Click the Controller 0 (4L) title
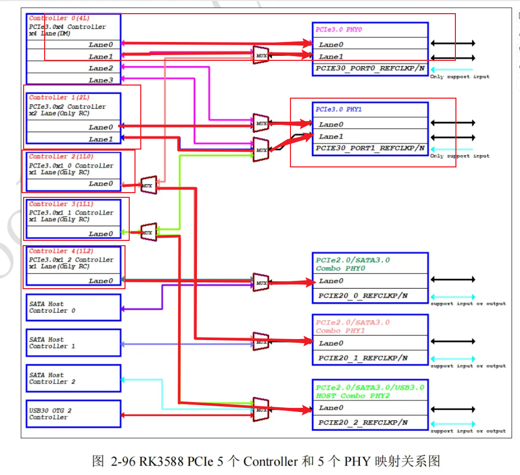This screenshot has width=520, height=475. coord(52,18)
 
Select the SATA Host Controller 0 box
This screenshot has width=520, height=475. coord(74,307)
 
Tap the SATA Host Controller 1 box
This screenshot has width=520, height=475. coord(74,343)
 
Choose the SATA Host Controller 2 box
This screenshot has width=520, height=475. coord(74,378)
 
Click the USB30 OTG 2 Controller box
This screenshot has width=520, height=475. coord(74,414)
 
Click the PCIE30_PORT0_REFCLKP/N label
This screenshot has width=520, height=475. coord(370,69)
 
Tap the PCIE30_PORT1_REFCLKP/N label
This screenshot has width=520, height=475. coord(370,149)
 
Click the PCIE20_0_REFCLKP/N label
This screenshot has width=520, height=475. coord(362,296)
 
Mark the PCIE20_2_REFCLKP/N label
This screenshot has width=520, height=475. coord(362,423)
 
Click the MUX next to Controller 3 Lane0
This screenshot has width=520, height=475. coord(148,232)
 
